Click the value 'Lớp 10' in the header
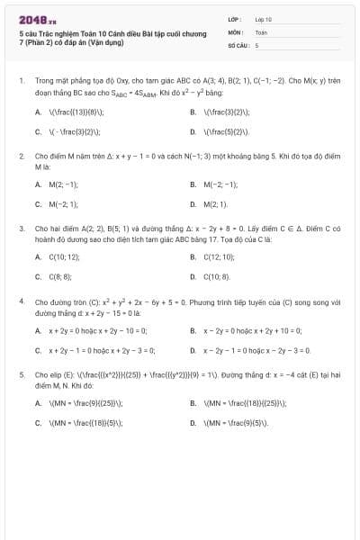click(264, 18)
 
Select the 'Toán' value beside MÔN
click(261, 31)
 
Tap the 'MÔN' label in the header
click(234, 31)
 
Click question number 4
click(21, 302)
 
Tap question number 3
click(21, 229)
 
